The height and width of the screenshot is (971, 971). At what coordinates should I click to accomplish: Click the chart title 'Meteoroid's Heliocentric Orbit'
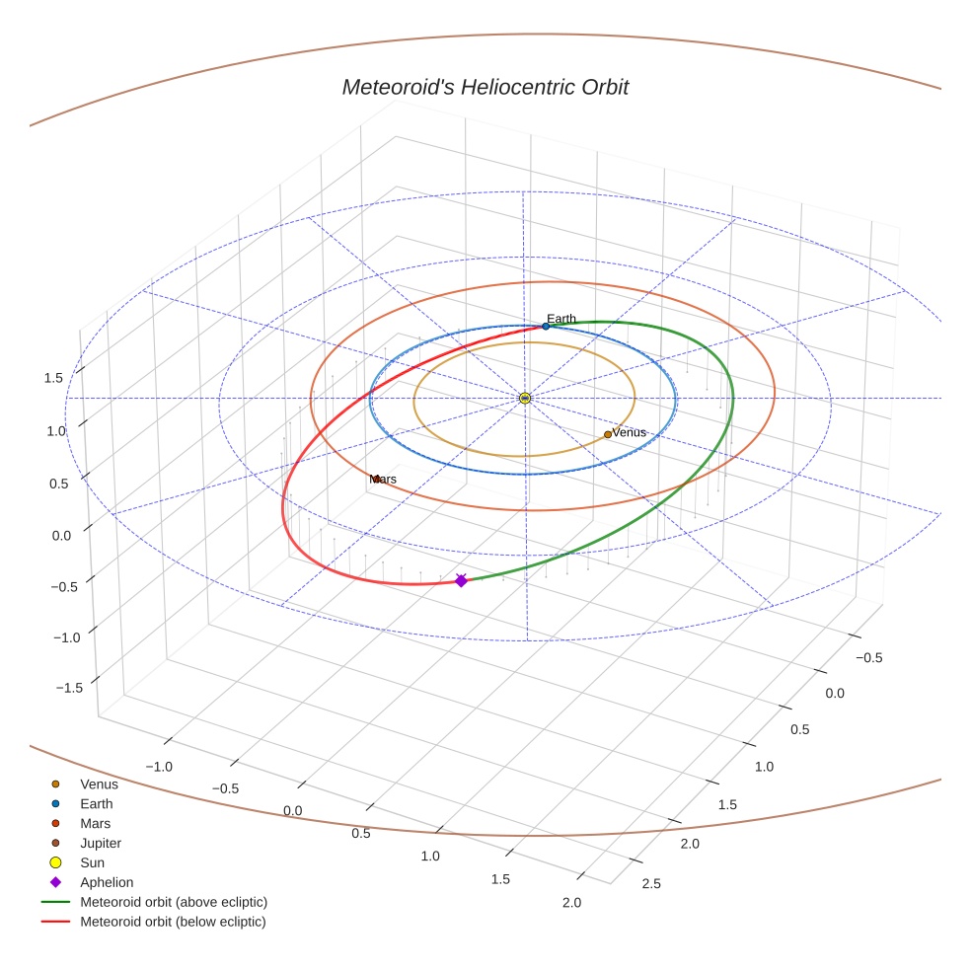tap(485, 88)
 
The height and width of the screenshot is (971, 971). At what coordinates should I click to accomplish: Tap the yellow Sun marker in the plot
tap(525, 398)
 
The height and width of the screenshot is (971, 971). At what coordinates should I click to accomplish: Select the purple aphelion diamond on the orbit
tap(461, 581)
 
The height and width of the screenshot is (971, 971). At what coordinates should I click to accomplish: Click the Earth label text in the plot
tap(561, 319)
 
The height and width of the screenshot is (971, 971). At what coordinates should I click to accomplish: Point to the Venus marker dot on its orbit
tap(608, 434)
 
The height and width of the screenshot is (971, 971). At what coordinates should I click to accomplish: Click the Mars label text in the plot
tap(383, 480)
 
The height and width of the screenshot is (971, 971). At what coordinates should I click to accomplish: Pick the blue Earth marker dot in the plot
tap(546, 326)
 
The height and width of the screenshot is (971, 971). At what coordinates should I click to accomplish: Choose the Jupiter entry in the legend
tap(101, 844)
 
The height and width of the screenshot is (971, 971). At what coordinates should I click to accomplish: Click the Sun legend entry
tap(92, 863)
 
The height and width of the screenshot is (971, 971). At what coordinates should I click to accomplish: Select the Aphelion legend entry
tap(107, 883)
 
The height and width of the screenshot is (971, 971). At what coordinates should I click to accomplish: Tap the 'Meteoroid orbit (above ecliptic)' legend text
tap(174, 903)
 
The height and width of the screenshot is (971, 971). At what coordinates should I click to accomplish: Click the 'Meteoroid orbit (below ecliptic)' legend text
tap(173, 923)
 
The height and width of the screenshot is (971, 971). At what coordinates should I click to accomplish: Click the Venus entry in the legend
tap(99, 784)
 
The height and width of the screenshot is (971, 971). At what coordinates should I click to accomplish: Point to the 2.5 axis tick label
tap(651, 883)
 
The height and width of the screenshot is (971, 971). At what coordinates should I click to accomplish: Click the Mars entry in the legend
tap(95, 824)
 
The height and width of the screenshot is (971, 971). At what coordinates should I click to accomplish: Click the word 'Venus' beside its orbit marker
tap(629, 433)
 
